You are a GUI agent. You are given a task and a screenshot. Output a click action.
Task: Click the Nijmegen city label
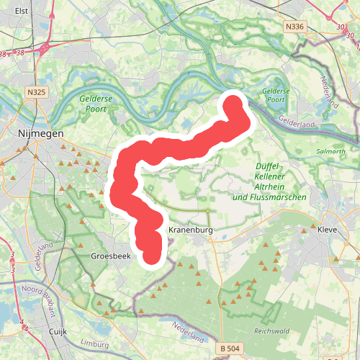40,133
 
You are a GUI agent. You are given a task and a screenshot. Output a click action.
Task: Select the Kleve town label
328,230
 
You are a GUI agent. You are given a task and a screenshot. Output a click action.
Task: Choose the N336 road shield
294,27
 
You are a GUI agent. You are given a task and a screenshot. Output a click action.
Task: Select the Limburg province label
95,342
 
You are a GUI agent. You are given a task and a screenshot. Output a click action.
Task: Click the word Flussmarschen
280,197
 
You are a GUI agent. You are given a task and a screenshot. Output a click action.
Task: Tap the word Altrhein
271,186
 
